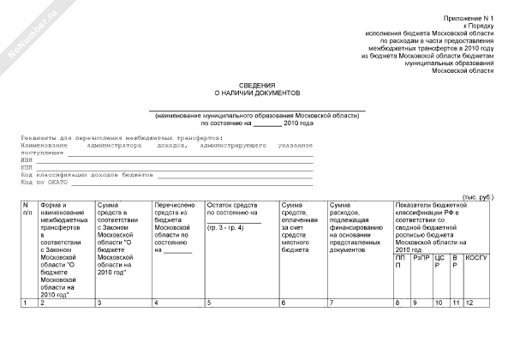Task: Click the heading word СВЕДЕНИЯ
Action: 256,85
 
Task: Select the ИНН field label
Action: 27,159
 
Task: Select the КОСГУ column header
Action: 476,257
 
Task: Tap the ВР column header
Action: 456,261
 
